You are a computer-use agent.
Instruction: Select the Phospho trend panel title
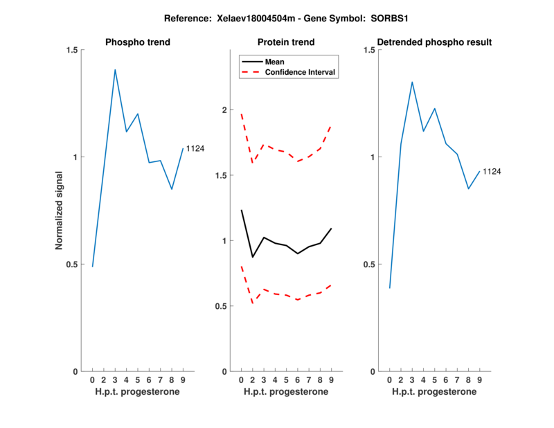coord(138,42)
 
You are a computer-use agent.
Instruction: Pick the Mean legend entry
coord(275,62)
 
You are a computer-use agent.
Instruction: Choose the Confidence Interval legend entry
coord(301,72)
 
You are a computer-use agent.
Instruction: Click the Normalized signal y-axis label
coord(60,211)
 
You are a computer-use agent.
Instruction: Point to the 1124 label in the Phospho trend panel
coord(195,149)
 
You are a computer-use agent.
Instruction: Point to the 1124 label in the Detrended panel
coord(492,171)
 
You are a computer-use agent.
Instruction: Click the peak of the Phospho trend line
coord(115,69)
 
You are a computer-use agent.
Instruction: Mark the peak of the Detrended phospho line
coord(412,82)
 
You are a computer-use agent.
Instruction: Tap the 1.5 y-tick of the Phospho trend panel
coord(71,50)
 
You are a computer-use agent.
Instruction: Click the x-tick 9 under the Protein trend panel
coord(331,380)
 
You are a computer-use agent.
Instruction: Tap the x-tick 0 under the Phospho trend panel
coord(92,380)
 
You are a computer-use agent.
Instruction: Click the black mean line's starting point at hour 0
coord(241,210)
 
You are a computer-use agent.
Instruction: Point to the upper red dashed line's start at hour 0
coord(241,114)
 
